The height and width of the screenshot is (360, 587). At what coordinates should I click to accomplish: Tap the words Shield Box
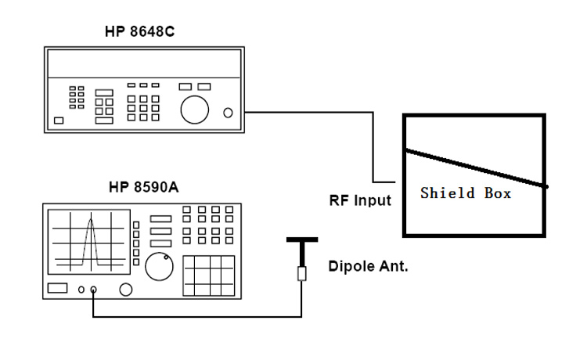click(465, 193)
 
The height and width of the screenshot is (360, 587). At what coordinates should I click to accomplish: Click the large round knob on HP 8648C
click(194, 109)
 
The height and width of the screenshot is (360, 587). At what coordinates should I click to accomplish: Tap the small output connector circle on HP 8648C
click(228, 113)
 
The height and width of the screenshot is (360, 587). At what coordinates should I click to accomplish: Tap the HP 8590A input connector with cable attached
click(94, 290)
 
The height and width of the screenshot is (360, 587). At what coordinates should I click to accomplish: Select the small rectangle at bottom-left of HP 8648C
click(59, 121)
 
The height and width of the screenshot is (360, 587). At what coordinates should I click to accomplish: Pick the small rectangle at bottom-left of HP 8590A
click(59, 290)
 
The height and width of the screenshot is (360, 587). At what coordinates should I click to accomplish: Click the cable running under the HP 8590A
click(196, 318)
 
